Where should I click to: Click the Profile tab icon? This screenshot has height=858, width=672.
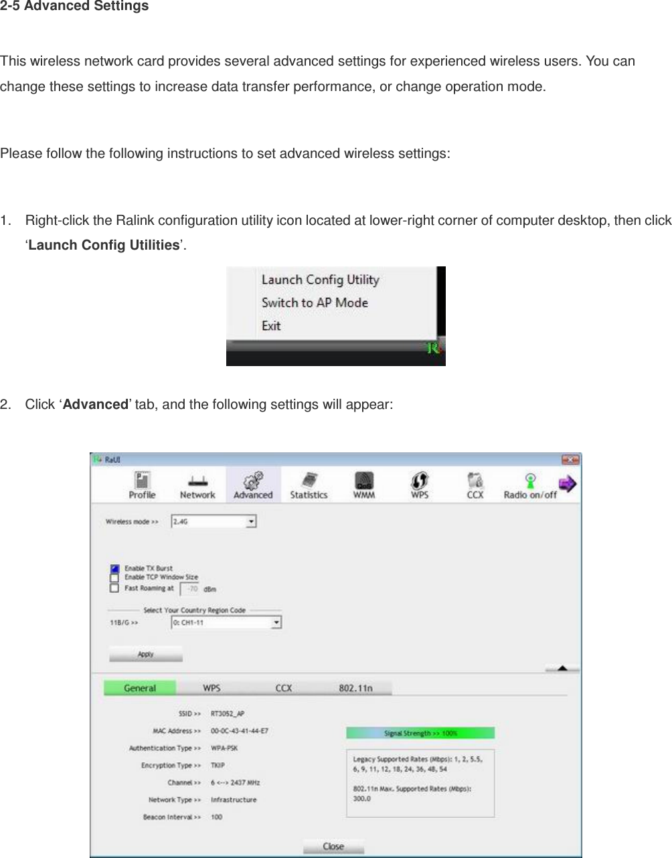pyautogui.click(x=142, y=485)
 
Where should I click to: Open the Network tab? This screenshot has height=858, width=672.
pyautogui.click(x=197, y=485)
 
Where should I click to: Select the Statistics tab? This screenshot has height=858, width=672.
pyautogui.click(x=309, y=485)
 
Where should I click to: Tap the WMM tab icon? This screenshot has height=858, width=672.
pyautogui.click(x=364, y=485)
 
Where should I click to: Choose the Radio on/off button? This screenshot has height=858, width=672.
pyautogui.click(x=530, y=485)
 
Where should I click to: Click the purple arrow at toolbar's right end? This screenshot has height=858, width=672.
pyautogui.click(x=568, y=484)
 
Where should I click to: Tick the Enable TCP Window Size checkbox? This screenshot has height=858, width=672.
pyautogui.click(x=114, y=578)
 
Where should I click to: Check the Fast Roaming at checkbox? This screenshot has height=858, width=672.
pyautogui.click(x=114, y=588)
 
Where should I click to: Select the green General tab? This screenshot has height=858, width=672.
pyautogui.click(x=140, y=688)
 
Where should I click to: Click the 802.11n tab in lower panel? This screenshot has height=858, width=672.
pyautogui.click(x=355, y=688)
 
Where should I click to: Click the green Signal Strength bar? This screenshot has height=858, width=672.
pyautogui.click(x=420, y=733)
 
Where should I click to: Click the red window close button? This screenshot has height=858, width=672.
pyautogui.click(x=570, y=460)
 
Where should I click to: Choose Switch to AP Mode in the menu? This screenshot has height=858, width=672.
pyautogui.click(x=315, y=303)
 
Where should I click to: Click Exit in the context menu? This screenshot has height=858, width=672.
pyautogui.click(x=271, y=326)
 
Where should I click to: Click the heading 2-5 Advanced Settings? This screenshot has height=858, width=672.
pyautogui.click(x=74, y=7)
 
